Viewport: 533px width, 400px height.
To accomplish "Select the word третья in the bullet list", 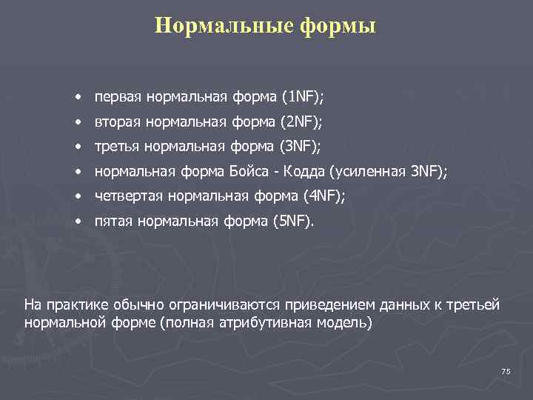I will (118, 147).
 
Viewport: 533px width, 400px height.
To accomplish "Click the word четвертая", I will (129, 196).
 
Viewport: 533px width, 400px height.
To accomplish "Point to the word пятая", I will (113, 221).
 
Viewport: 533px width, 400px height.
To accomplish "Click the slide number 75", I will (506, 371).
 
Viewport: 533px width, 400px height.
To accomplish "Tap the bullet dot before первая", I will (78, 98).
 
